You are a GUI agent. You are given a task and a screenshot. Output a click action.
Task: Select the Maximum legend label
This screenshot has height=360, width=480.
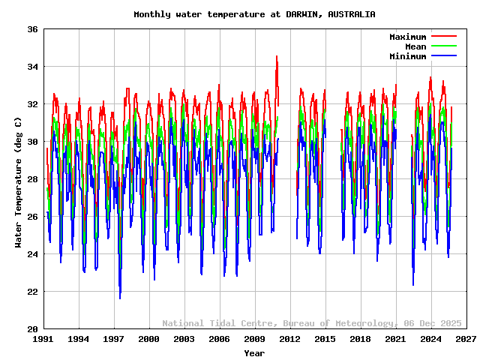coord(408,37)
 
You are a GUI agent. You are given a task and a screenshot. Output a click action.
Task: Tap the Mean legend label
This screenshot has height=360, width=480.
coord(415,46)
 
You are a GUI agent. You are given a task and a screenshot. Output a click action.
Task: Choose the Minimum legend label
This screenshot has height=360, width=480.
coord(408,56)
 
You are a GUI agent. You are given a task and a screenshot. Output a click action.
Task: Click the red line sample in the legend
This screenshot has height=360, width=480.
coord(444,37)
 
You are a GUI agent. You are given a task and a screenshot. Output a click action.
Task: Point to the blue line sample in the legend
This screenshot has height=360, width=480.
coord(444,56)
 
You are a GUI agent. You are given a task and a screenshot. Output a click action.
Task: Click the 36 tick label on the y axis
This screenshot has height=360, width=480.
coord(33,29)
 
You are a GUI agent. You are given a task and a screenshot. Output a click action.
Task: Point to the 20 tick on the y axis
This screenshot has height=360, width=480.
coord(33,329)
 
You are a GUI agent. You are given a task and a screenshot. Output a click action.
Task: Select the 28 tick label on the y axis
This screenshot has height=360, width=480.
coord(33,179)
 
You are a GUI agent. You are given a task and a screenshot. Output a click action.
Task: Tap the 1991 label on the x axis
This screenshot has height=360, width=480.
coord(43,339)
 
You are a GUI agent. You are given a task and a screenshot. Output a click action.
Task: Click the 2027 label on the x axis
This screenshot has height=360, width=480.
coord(466,339)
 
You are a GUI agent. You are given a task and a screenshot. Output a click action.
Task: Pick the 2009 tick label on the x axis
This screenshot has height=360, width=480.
coord(254,339)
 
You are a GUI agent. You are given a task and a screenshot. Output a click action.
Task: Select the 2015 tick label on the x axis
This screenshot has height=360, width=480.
coord(325,339)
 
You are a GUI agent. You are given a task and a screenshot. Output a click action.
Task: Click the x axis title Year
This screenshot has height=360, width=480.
coord(254,352)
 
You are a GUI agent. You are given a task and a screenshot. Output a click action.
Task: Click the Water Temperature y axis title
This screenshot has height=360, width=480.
coord(18,179)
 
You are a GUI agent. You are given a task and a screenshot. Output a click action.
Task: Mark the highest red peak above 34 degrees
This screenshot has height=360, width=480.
coord(277,57)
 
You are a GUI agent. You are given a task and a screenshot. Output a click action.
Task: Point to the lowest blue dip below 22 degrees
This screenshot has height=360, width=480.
coord(120,298)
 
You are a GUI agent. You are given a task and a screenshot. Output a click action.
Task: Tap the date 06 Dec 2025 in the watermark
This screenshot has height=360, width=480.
coord(433,323)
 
